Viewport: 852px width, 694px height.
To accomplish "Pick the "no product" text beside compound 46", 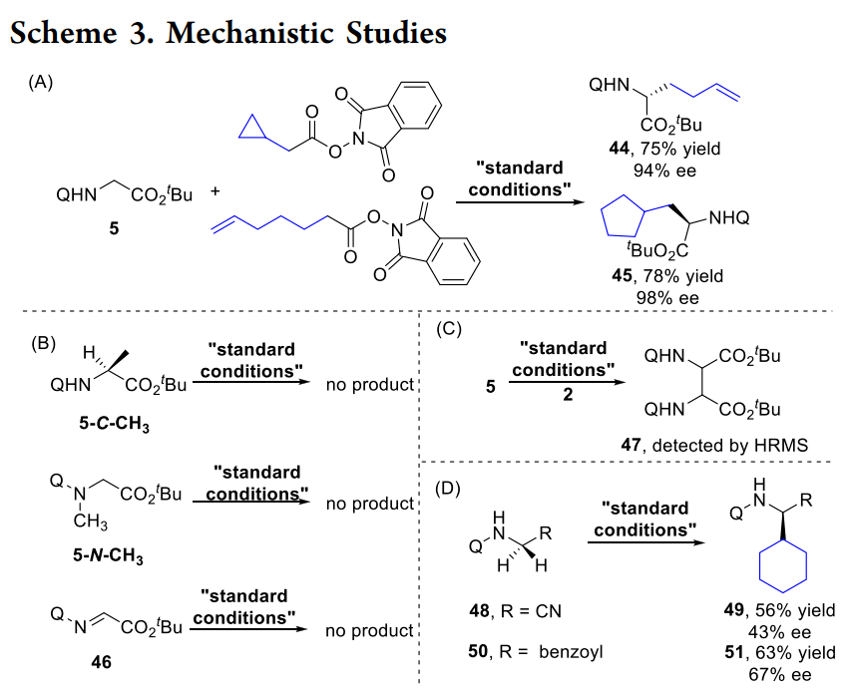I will (369, 630).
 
